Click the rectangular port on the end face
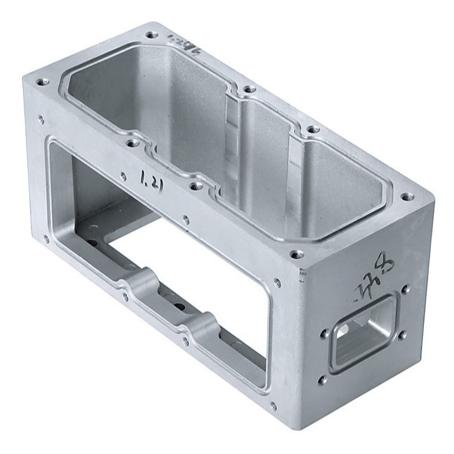(x=364, y=332)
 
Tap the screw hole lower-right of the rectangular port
(x=403, y=336)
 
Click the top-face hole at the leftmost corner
(x=41, y=81)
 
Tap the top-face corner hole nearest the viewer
(x=297, y=254)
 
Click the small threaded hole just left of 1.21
(x=124, y=176)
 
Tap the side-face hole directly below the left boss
(x=125, y=298)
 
